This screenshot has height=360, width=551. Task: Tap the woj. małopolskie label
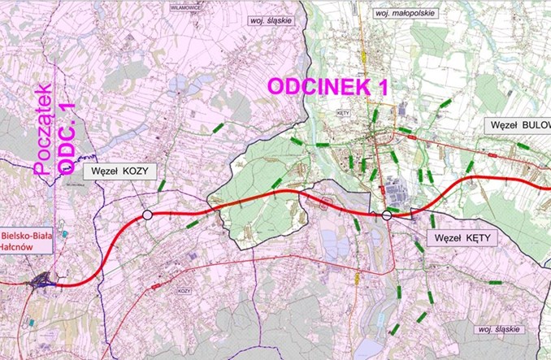point(404,14)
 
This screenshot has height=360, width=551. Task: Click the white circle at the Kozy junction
point(147,215)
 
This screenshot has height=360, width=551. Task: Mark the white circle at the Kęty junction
point(387,215)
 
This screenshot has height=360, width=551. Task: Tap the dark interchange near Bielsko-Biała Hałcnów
point(41,280)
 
